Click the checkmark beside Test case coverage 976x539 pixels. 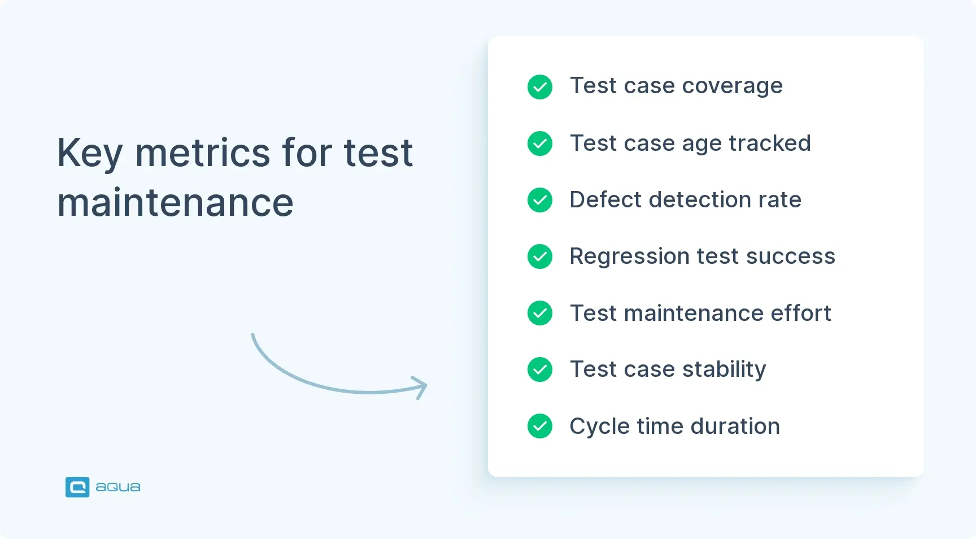540,87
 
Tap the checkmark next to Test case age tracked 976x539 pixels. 540,144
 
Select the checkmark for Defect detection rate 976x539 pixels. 540,200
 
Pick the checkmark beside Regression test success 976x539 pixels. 540,257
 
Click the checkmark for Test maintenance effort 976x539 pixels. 540,313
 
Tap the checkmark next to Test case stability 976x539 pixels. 540,370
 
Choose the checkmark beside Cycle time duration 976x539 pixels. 540,426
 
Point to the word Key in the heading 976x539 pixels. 90,154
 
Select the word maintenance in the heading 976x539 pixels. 175,203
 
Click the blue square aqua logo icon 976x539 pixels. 77,487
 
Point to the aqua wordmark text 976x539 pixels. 118,487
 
